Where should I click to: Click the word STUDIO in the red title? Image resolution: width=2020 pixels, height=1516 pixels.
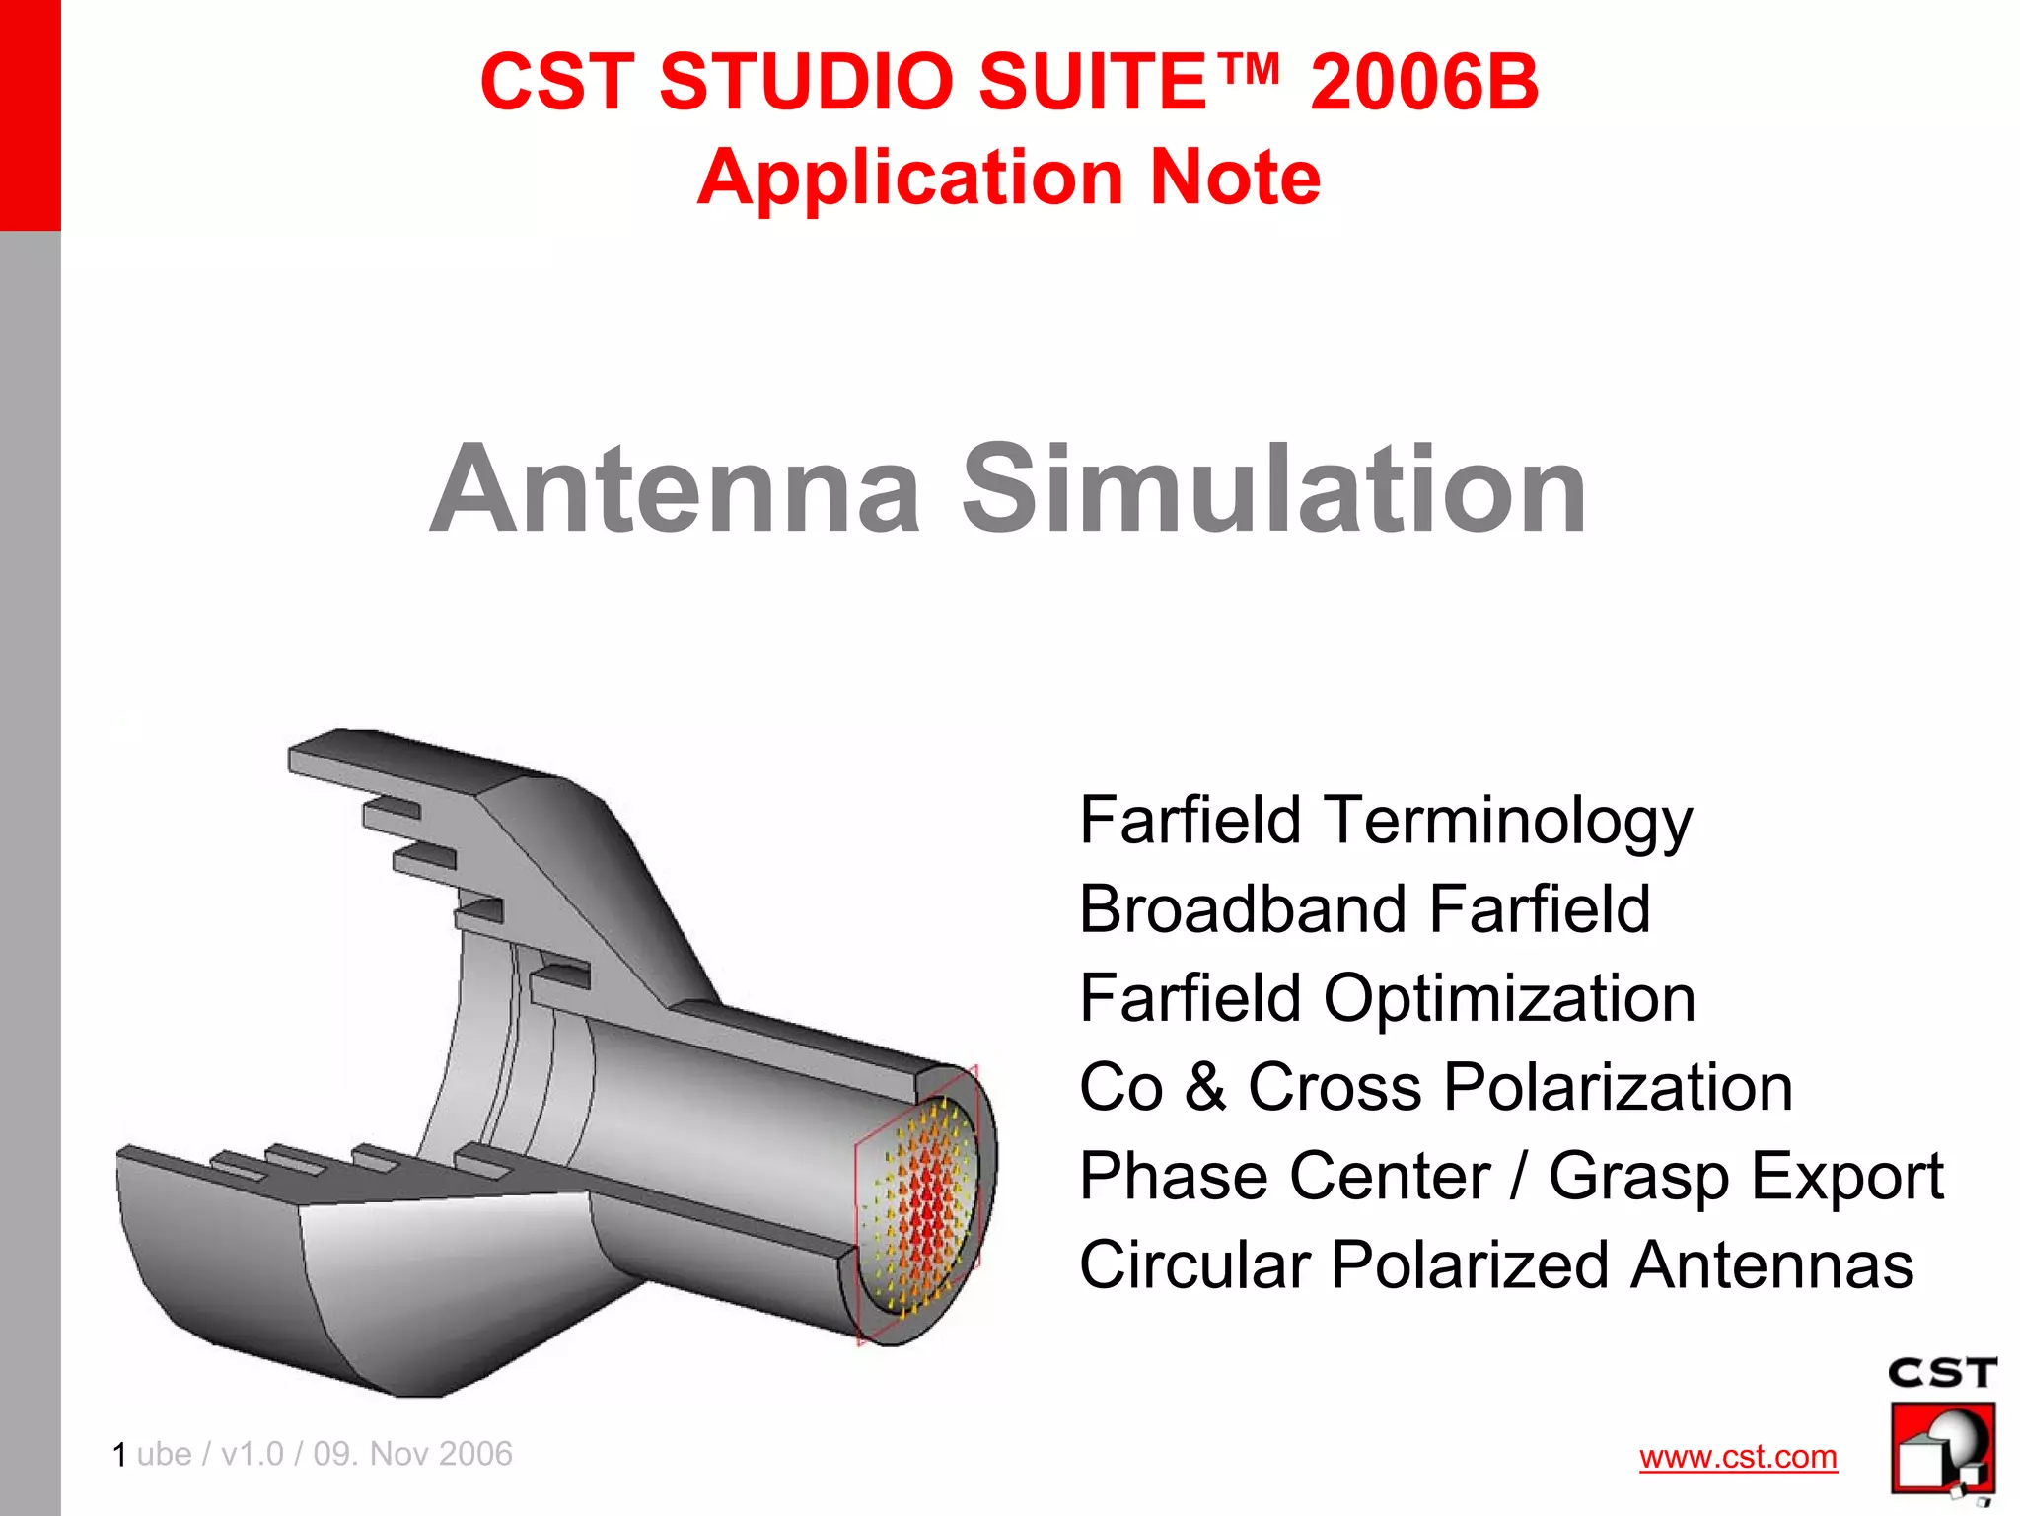[x=809, y=82]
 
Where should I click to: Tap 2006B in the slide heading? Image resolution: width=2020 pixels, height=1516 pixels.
[x=1423, y=82]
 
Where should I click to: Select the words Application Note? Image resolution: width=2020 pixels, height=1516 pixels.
[x=1008, y=178]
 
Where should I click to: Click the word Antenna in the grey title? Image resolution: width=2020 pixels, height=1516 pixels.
[x=676, y=489]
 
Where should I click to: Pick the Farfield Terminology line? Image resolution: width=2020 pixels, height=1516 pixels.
[x=1385, y=821]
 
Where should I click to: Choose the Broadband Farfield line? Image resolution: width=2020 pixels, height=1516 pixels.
[x=1364, y=908]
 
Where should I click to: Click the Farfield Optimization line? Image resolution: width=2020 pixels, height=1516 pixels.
[x=1387, y=998]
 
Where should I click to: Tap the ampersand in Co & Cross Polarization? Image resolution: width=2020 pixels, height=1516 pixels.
[x=1205, y=1087]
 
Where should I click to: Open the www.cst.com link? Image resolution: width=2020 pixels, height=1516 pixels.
[x=1738, y=1457]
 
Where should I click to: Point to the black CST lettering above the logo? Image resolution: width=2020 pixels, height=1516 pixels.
[x=1941, y=1373]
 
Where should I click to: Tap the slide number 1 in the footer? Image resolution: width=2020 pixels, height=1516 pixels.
[x=119, y=1455]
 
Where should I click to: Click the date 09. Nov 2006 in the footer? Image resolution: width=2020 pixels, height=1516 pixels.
[x=412, y=1454]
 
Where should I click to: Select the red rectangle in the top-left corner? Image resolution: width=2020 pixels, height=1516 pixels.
[x=30, y=113]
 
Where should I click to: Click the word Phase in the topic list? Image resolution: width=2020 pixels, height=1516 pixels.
[x=1158, y=1177]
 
